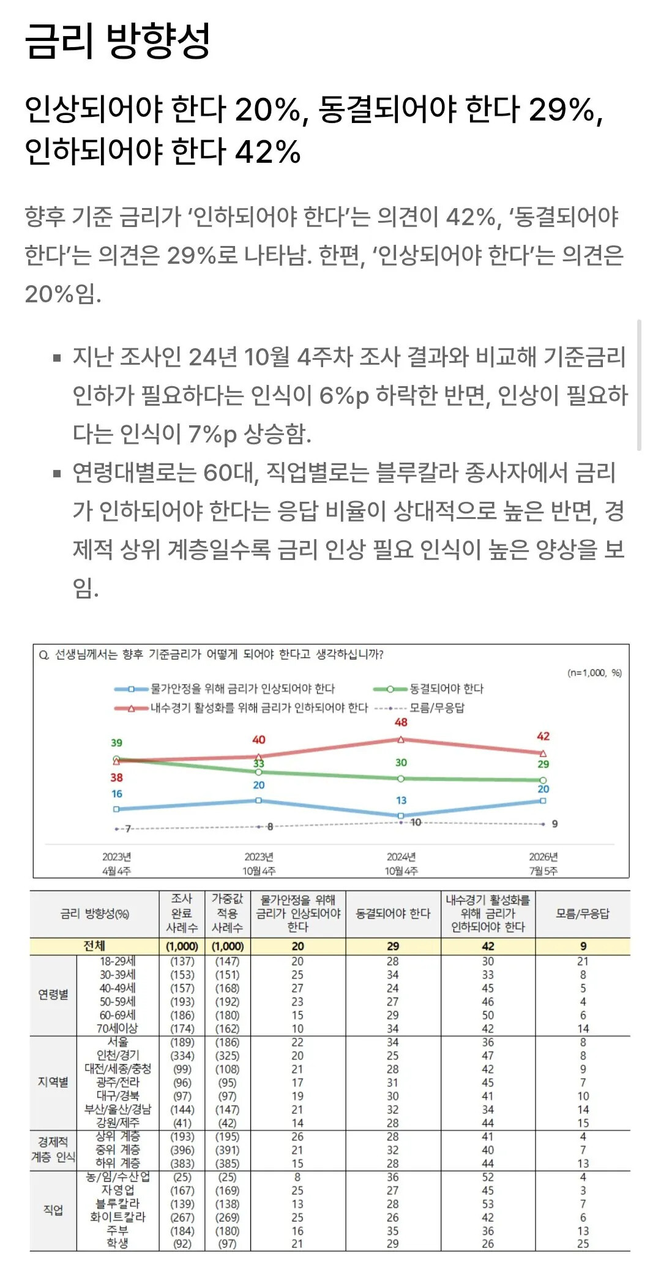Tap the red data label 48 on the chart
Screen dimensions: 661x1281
tap(401, 722)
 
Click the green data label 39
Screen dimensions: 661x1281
tap(116, 742)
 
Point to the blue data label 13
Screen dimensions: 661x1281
tap(401, 800)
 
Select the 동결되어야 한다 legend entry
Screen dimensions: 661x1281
tap(428, 689)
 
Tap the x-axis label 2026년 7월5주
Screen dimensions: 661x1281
tap(543, 864)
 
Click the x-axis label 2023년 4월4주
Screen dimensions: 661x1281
tap(116, 864)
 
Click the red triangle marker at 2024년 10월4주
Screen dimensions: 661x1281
tap(401, 739)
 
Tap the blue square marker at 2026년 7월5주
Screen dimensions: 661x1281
tap(543, 801)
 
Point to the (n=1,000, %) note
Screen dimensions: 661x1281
tap(595, 673)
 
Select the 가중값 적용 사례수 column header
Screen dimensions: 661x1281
tap(227, 913)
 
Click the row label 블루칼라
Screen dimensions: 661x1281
tap(118, 1203)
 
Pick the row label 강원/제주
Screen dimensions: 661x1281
tap(118, 1122)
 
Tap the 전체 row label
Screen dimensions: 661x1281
tap(94, 946)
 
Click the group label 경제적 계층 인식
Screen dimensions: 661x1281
tap(53, 1149)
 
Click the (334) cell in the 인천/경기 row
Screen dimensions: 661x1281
tap(182, 1055)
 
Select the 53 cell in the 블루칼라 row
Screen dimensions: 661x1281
tap(488, 1203)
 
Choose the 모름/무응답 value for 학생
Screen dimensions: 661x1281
tap(583, 1244)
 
